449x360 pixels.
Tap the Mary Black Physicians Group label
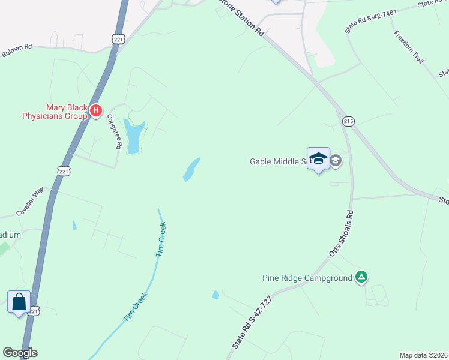(x=51, y=111)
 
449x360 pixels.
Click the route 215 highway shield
(x=348, y=121)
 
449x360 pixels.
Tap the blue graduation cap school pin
(x=318, y=159)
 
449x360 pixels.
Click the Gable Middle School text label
(x=279, y=161)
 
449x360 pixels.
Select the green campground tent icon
(x=361, y=277)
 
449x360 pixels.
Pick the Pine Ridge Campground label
(x=307, y=278)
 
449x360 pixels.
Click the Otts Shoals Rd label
(x=340, y=234)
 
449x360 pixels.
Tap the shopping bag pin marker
(x=19, y=301)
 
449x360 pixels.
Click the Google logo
(x=20, y=353)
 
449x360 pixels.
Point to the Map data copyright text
(x=423, y=355)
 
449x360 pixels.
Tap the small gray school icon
(x=336, y=160)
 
